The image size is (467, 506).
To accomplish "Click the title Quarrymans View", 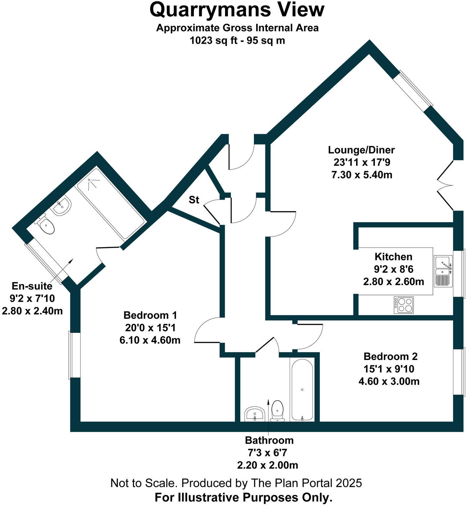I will pyautogui.click(x=237, y=10).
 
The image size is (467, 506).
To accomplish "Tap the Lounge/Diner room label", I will pyautogui.click(x=361, y=150).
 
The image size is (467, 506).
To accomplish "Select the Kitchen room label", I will pyautogui.click(x=393, y=257).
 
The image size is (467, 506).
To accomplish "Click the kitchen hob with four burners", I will pyautogui.click(x=404, y=305).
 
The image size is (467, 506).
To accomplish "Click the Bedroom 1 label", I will pyautogui.click(x=150, y=315).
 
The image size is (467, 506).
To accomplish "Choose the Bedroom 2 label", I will pyautogui.click(x=390, y=356).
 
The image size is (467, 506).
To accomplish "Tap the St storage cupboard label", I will pyautogui.click(x=194, y=200).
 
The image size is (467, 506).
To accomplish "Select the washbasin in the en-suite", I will pyautogui.click(x=62, y=206).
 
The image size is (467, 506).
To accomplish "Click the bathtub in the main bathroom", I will pyautogui.click(x=302, y=389).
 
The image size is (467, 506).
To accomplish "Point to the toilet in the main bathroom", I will pyautogui.click(x=277, y=411).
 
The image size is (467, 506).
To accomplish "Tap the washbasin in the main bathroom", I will pyautogui.click(x=255, y=414).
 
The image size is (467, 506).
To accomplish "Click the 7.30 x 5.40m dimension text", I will pyautogui.click(x=362, y=175).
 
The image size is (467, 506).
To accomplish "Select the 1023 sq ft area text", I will pyautogui.click(x=237, y=41).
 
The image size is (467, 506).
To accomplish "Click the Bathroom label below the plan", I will pyautogui.click(x=269, y=440).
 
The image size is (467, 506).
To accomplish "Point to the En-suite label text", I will pyautogui.click(x=32, y=286).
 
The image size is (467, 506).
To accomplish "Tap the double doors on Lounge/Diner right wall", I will pyautogui.click(x=446, y=185).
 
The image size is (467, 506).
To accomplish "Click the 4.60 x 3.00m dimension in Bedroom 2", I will pyautogui.click(x=389, y=381).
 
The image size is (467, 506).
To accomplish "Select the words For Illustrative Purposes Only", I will pyautogui.click(x=243, y=497).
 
